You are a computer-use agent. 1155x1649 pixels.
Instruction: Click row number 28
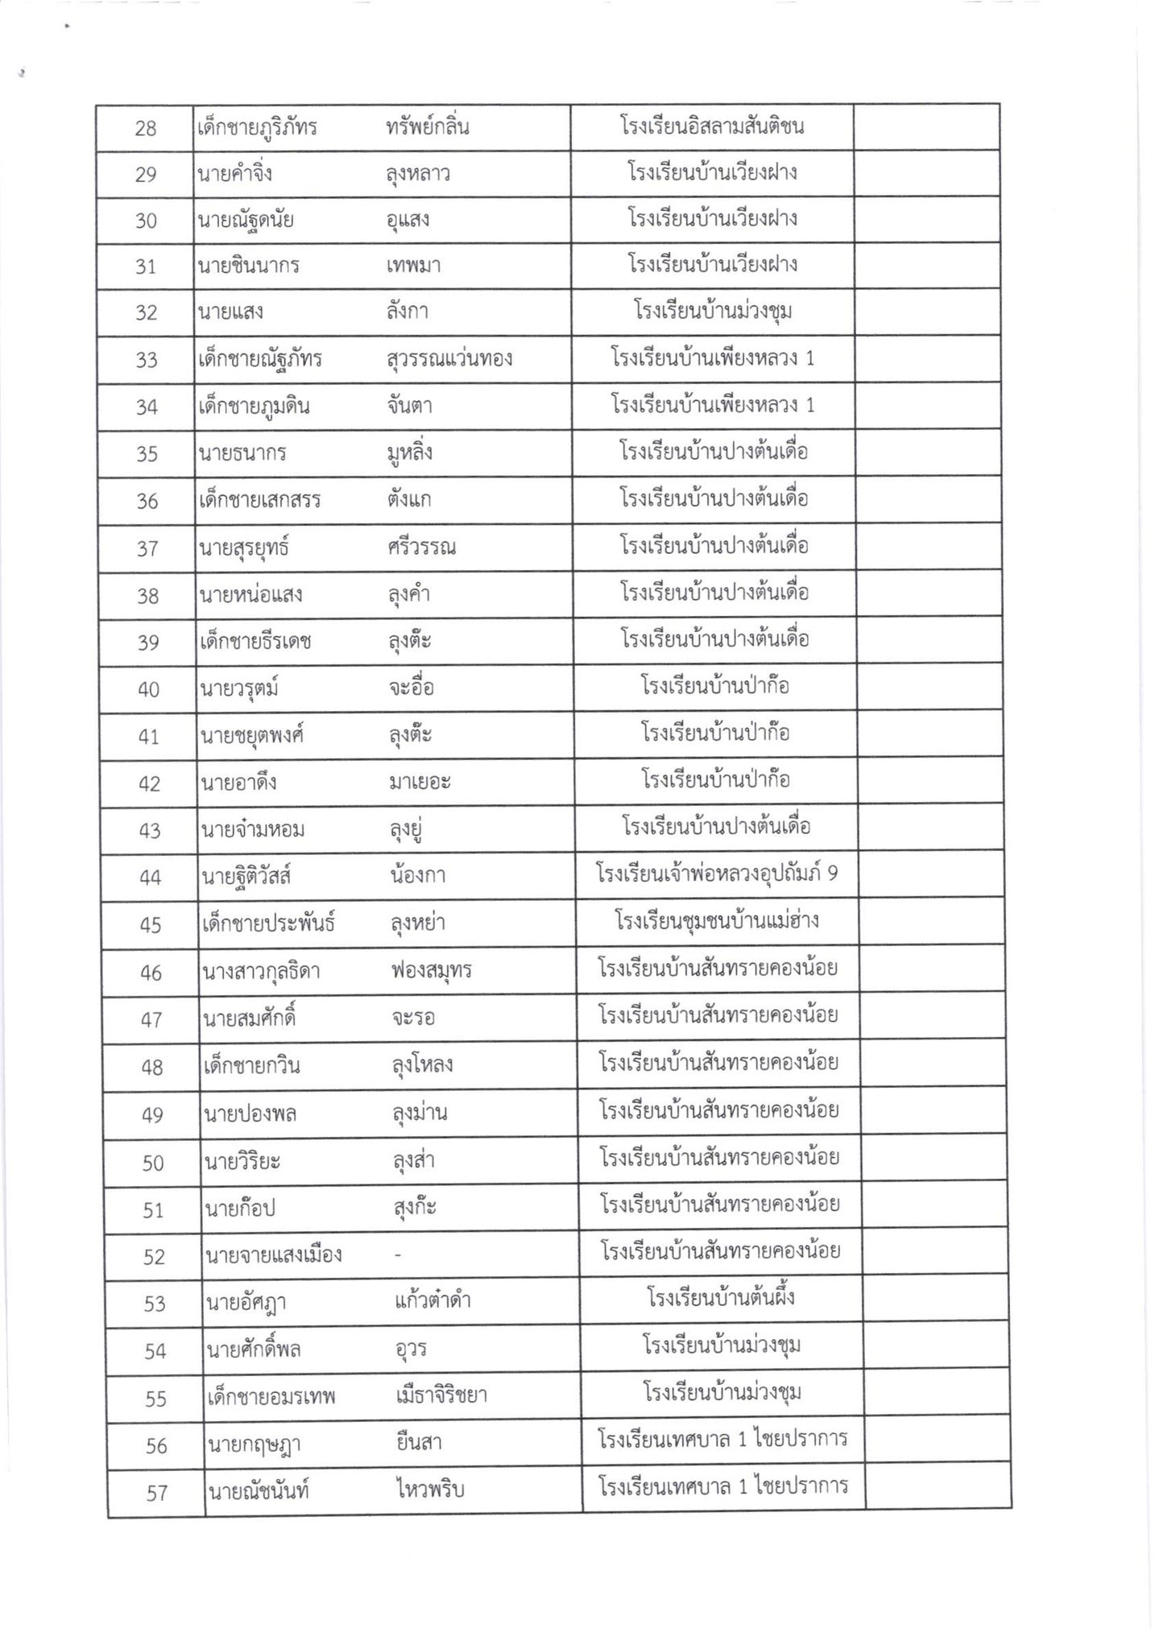146,129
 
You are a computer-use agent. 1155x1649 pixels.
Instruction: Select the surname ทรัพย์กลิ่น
427,127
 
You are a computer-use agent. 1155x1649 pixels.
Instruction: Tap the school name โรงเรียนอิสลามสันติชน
712,126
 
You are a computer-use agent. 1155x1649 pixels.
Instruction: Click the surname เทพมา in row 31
412,266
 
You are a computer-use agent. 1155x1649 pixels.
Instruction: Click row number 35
147,454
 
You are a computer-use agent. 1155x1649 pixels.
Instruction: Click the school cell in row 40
714,687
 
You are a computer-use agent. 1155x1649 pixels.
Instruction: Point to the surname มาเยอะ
419,782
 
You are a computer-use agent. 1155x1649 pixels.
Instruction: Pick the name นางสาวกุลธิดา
262,971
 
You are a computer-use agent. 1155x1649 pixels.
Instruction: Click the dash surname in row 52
398,1256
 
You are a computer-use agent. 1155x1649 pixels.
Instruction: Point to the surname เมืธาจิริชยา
441,1395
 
